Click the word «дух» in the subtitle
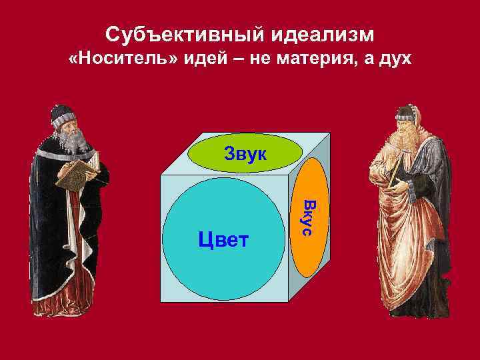pyautogui.click(x=394, y=59)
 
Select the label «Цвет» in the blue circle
pyautogui.click(x=223, y=239)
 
